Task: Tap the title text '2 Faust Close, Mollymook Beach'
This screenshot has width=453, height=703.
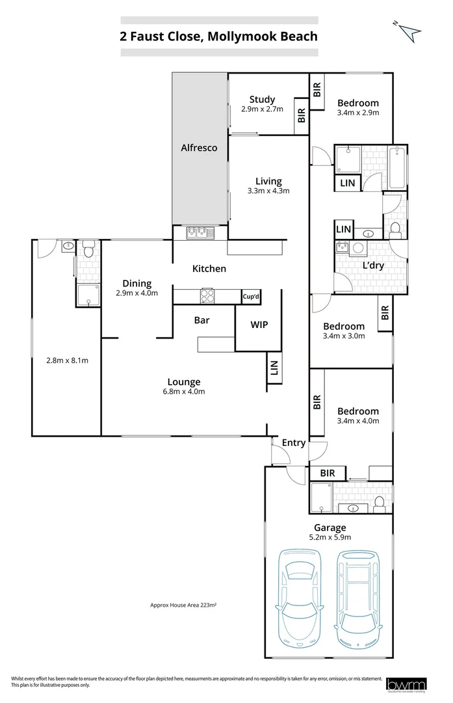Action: coord(218,36)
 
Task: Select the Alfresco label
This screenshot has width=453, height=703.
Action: coord(199,148)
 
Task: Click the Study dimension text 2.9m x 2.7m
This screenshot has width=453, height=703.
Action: coord(262,109)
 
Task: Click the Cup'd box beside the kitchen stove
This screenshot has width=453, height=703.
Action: coord(252,297)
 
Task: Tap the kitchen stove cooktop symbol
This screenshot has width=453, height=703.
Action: coord(208,296)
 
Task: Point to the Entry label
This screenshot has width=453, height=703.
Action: coord(293,443)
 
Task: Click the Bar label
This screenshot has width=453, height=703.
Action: coord(201,320)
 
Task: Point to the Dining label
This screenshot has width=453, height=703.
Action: coord(137,283)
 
